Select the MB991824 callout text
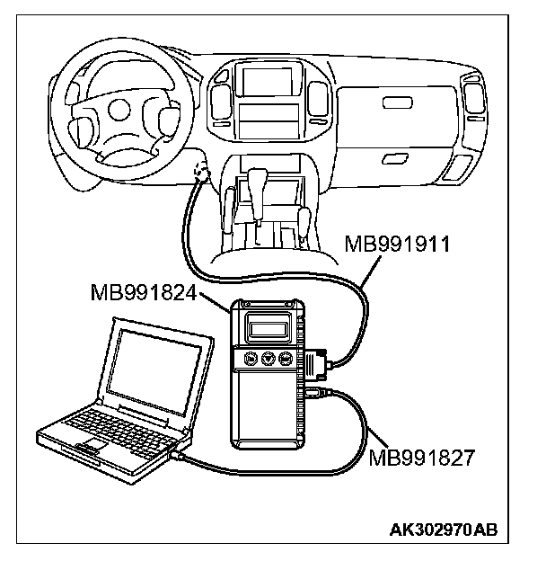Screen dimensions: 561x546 pyautogui.click(x=145, y=293)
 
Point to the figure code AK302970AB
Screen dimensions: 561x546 pyautogui.click(x=442, y=531)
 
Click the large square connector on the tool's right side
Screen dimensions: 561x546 pyautogui.click(x=313, y=363)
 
